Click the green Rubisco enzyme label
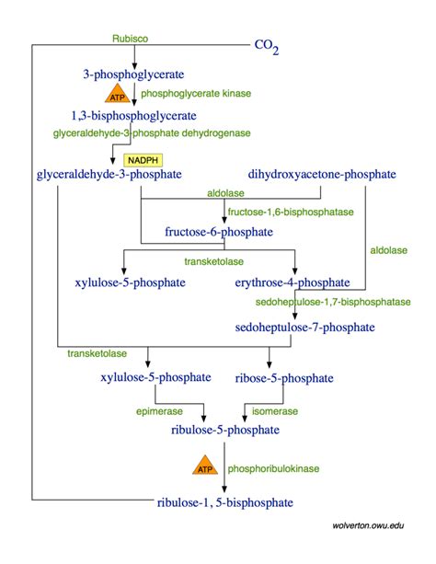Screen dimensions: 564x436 (131, 40)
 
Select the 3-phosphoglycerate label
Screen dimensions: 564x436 (133, 73)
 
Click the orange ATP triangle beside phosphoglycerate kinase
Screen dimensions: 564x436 (117, 96)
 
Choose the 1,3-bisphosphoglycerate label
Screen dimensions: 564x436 (133, 116)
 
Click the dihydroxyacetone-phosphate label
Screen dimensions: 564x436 (322, 174)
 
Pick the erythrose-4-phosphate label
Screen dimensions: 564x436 (293, 282)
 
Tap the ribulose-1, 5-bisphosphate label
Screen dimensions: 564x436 (225, 502)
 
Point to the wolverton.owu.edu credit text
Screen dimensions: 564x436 (368, 524)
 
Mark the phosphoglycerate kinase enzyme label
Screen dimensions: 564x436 (196, 93)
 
